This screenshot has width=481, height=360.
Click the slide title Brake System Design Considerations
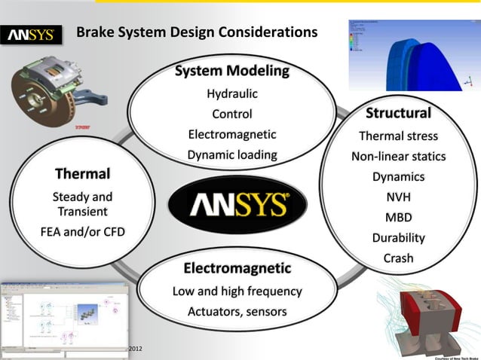[x=198, y=32]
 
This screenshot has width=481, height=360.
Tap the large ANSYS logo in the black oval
[x=237, y=205]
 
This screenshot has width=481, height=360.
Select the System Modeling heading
[x=232, y=72]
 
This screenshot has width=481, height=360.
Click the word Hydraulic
[x=232, y=94]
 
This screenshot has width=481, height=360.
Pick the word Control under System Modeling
[x=232, y=114]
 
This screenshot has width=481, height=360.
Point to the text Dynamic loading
[x=232, y=155]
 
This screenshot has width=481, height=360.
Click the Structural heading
[x=398, y=114]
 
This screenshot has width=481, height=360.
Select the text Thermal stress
[x=398, y=136]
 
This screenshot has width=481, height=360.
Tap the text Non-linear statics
[x=398, y=157]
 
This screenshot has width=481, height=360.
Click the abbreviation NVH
[x=398, y=197]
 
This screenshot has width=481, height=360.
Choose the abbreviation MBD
[x=398, y=218]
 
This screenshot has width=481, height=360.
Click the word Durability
[x=398, y=238]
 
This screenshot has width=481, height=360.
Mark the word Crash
[x=398, y=258]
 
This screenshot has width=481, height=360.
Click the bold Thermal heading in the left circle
[x=82, y=175]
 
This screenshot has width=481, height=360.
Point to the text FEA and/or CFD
[x=82, y=231]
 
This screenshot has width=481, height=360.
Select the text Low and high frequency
[x=237, y=291]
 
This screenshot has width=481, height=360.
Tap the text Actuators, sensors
[x=237, y=311]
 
